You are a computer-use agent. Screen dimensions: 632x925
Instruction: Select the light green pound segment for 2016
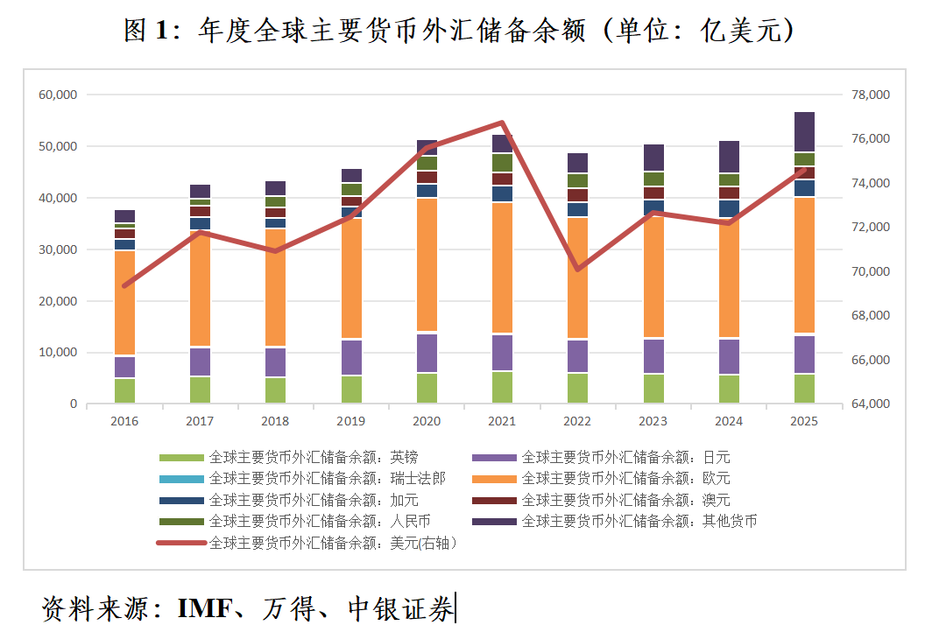tap(124, 390)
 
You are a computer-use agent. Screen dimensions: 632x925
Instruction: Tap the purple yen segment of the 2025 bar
tap(804, 354)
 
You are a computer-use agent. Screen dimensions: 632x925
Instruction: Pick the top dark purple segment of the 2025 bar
tap(804, 132)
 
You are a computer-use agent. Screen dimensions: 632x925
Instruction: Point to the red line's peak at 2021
tap(502, 123)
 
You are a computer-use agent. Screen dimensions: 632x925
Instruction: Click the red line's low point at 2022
tap(578, 269)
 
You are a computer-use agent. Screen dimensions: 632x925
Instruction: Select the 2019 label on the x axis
tap(350, 421)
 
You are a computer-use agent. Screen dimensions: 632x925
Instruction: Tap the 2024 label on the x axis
tap(729, 421)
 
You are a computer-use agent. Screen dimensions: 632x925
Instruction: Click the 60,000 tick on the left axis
tap(58, 95)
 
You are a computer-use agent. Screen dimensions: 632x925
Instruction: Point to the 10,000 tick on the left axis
tap(58, 353)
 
